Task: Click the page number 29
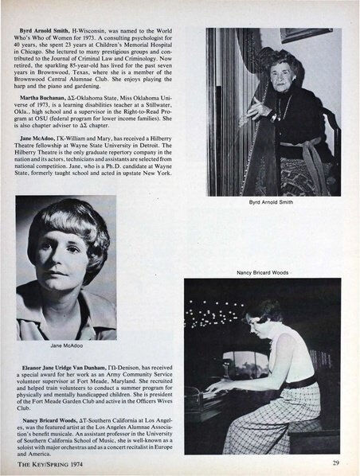(338, 462)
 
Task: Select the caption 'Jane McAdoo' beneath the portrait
(66, 346)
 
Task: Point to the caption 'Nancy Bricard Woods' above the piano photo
(262, 273)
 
